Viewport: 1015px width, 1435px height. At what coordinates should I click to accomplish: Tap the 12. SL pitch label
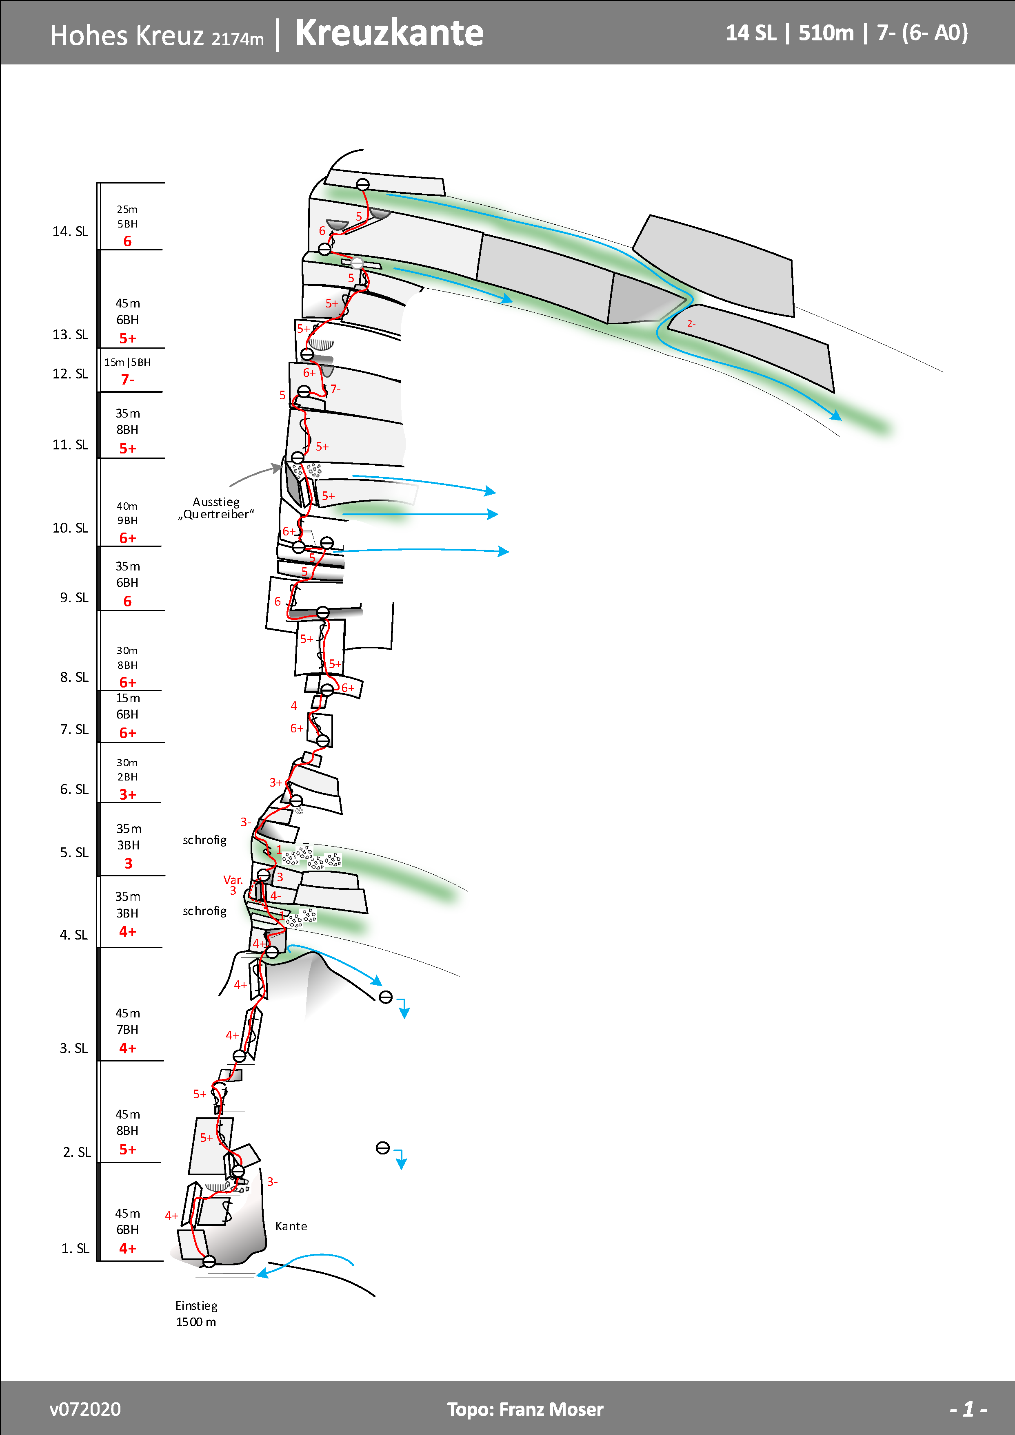(x=70, y=374)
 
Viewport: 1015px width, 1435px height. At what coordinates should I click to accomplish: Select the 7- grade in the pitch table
(x=128, y=379)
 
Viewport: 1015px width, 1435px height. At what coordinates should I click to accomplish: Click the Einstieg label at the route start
(x=196, y=1306)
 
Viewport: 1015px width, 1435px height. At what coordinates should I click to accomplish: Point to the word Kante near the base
(x=291, y=1226)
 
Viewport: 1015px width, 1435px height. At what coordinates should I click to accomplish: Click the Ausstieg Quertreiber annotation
(x=216, y=508)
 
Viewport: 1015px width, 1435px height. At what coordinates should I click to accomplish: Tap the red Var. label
(x=233, y=880)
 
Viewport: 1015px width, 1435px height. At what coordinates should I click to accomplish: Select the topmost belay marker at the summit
(x=363, y=184)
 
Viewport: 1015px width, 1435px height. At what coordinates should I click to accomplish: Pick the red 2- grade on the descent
(x=691, y=324)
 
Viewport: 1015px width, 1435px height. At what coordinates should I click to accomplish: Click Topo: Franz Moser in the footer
(x=525, y=1409)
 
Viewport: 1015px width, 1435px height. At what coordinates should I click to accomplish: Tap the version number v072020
(x=85, y=1409)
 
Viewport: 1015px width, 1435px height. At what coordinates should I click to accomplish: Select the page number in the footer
(x=968, y=1409)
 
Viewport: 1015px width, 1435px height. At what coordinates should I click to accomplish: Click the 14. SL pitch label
(x=70, y=231)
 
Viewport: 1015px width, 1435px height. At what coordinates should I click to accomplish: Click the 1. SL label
(x=75, y=1248)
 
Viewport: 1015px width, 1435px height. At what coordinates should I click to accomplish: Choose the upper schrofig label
(x=204, y=840)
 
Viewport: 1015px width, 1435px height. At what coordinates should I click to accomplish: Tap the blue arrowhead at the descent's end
(x=836, y=416)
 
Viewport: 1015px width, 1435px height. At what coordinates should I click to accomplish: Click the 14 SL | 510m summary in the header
(x=789, y=33)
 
